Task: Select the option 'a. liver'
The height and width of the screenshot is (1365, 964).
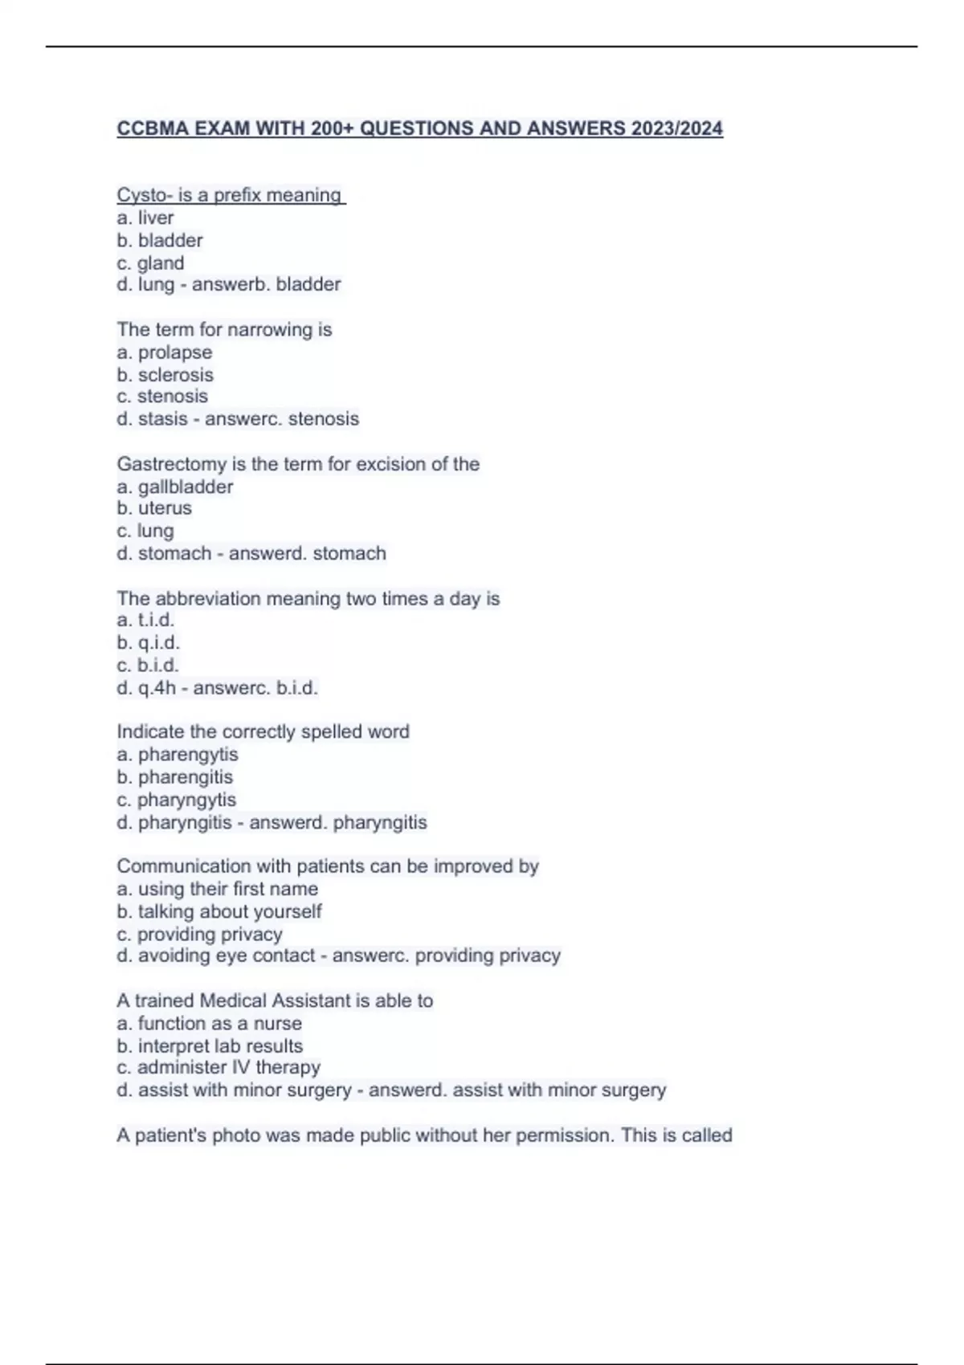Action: click(x=145, y=218)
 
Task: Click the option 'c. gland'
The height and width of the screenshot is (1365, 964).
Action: click(x=150, y=263)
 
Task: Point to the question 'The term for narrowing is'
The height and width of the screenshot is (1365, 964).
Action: click(x=224, y=329)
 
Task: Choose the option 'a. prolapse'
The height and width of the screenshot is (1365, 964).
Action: click(x=165, y=352)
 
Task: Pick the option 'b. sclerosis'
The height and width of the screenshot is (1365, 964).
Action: click(x=165, y=375)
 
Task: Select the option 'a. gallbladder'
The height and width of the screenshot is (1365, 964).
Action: click(x=175, y=487)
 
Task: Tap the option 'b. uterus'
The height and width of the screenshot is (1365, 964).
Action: click(x=154, y=508)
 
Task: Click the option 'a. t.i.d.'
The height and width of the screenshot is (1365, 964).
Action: click(x=145, y=620)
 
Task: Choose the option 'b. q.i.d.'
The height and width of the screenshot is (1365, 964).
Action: click(x=148, y=642)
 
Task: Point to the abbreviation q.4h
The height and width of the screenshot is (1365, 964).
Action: click(x=157, y=688)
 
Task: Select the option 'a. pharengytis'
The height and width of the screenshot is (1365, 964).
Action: click(x=178, y=755)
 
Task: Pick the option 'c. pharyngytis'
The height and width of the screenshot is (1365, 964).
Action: click(x=177, y=800)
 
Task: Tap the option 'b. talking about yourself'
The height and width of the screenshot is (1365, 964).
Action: click(x=219, y=911)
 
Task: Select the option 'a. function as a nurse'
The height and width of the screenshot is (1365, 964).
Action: click(x=210, y=1024)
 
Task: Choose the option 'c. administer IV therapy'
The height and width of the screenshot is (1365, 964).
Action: click(x=219, y=1067)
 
